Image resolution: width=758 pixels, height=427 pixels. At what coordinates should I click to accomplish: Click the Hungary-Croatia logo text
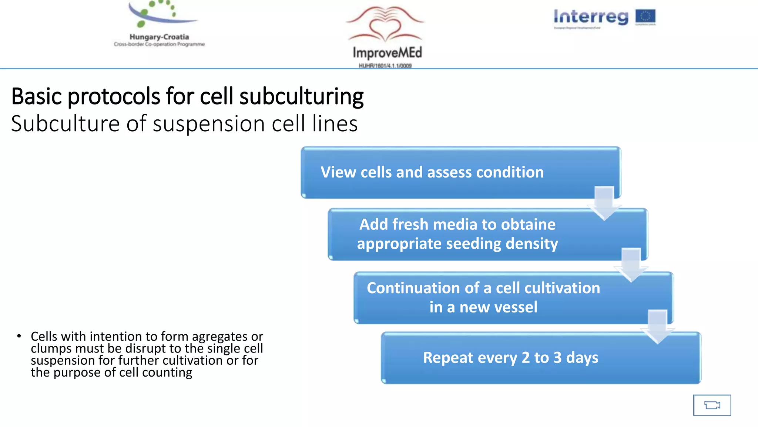159,37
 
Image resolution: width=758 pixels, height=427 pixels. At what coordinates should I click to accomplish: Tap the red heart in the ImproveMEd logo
385,30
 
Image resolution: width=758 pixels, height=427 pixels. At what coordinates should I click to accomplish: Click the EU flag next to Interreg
645,17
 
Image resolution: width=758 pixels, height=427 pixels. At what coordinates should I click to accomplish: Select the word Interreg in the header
591,17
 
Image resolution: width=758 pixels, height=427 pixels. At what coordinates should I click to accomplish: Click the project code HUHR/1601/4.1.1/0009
385,66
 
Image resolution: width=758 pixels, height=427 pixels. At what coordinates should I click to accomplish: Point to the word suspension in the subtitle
208,124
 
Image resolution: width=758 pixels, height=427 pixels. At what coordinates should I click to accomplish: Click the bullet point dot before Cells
19,336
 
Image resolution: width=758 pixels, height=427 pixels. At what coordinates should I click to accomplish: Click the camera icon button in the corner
712,405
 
